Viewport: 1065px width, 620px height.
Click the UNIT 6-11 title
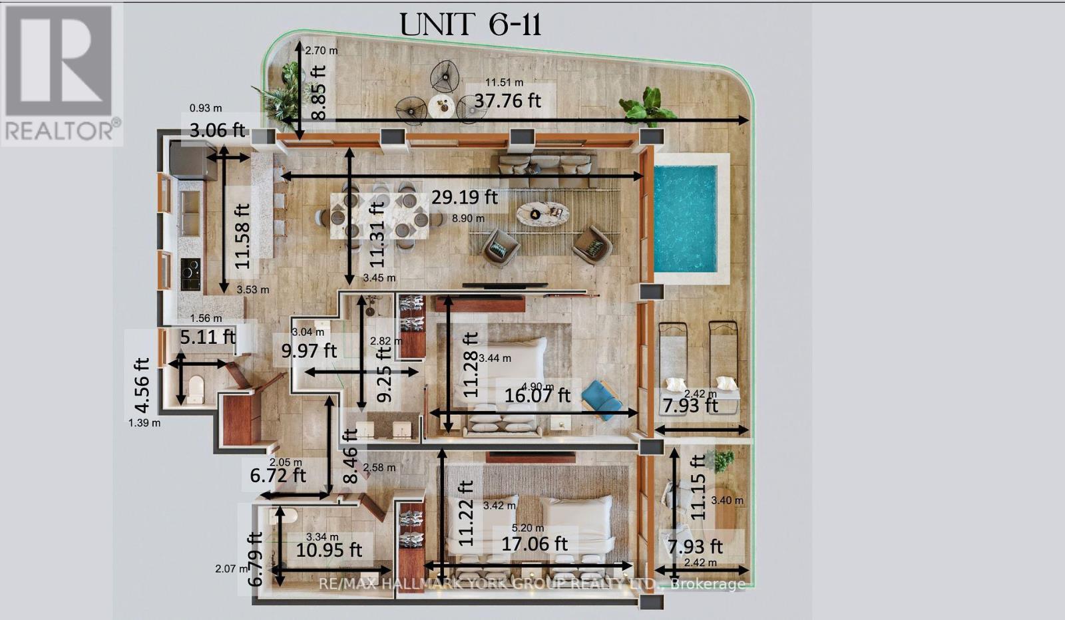coord(470,25)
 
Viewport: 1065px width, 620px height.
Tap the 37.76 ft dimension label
coord(507,100)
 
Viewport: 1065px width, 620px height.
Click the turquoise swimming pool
coord(685,219)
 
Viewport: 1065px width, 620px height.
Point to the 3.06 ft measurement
coord(218,130)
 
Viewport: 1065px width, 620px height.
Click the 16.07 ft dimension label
coord(537,395)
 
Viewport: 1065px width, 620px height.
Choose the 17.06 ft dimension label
coord(534,543)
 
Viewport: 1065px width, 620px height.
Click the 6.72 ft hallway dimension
coord(278,475)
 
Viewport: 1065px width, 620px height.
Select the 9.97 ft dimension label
coord(309,350)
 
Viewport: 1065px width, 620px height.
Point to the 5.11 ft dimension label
coord(208,337)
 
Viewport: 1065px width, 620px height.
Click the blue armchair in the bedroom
coord(602,400)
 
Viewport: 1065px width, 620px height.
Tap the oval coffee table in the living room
coord(543,214)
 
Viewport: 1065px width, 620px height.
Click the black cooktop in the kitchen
coord(190,274)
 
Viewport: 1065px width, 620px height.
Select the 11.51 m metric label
coord(504,82)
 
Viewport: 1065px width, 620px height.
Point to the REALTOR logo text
coord(60,130)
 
